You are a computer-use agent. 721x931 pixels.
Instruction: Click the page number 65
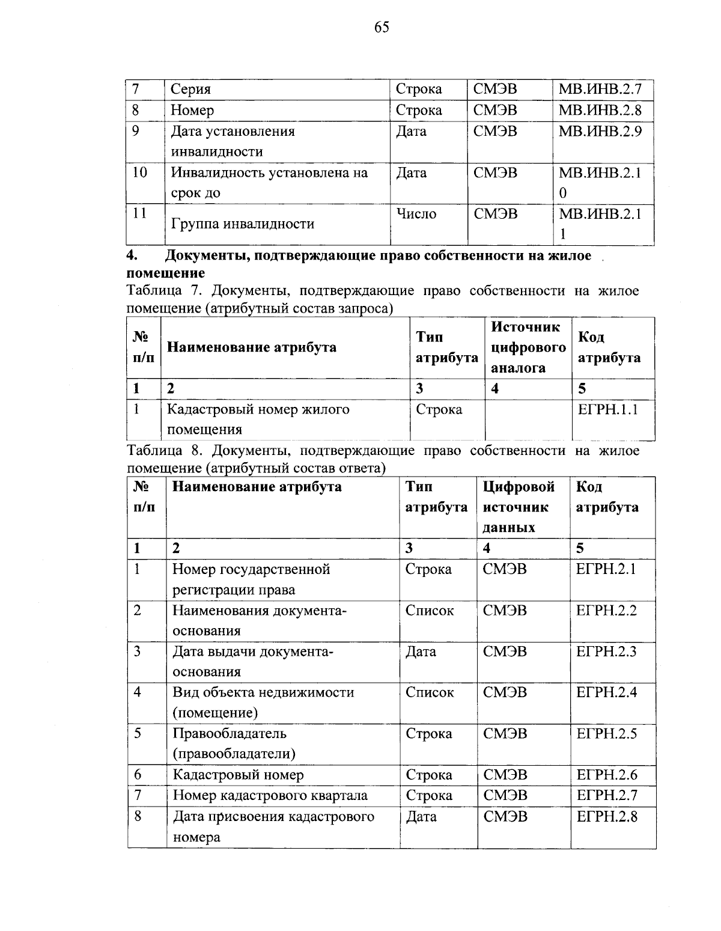click(x=382, y=28)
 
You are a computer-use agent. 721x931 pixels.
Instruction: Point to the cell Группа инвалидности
click(x=243, y=224)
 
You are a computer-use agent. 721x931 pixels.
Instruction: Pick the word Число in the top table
click(x=416, y=214)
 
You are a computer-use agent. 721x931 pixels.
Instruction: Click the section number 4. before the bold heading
click(x=132, y=256)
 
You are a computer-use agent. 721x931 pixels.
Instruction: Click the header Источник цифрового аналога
click(x=528, y=347)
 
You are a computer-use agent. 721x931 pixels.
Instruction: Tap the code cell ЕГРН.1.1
click(x=607, y=410)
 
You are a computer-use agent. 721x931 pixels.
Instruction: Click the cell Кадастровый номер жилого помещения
click(x=258, y=420)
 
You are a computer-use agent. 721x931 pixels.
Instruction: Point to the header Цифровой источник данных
click(x=518, y=507)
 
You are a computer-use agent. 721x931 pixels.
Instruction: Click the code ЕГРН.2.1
click(x=606, y=569)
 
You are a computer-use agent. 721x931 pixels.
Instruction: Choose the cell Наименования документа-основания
click(x=260, y=620)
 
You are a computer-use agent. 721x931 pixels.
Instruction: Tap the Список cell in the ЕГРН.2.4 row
click(x=430, y=692)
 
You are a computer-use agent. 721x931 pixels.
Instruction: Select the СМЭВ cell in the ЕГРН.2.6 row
click(x=505, y=775)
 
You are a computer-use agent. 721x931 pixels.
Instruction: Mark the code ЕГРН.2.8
click(x=607, y=817)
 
